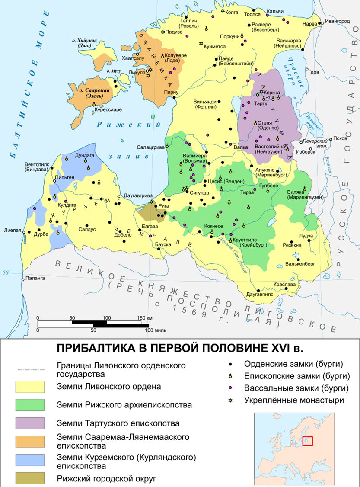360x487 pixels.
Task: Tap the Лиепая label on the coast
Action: click(x=13, y=230)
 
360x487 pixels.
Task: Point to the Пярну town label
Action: click(x=171, y=92)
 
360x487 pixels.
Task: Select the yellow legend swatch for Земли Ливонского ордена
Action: click(x=30, y=387)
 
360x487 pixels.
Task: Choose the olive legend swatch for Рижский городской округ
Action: click(x=30, y=478)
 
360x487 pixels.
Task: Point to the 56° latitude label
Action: click(x=6, y=273)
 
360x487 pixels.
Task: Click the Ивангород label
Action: click(x=338, y=21)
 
